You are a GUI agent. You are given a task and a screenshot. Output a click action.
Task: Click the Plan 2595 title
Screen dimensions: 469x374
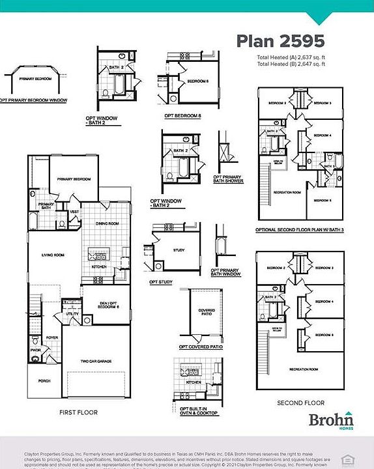[280, 41]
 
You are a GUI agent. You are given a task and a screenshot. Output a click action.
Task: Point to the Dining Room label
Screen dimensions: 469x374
[108, 223]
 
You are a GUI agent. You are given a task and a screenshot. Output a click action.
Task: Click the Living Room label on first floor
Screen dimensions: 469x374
[51, 255]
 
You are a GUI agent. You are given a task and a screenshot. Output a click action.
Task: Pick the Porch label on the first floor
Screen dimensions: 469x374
[44, 380]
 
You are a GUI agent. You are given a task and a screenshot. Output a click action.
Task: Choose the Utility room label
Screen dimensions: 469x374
[72, 314]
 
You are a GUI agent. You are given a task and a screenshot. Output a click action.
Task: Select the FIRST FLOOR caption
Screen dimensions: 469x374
[78, 413]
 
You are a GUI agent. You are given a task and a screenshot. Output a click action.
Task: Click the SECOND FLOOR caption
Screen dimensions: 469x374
[300, 403]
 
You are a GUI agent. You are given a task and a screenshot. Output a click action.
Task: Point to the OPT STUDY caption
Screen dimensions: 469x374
[161, 282]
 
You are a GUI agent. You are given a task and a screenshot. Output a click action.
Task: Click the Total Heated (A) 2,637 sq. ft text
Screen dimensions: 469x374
[290, 58]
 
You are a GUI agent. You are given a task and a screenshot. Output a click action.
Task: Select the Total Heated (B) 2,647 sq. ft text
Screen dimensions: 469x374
[290, 64]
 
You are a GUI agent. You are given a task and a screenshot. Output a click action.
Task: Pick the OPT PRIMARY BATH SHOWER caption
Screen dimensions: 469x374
[229, 178]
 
